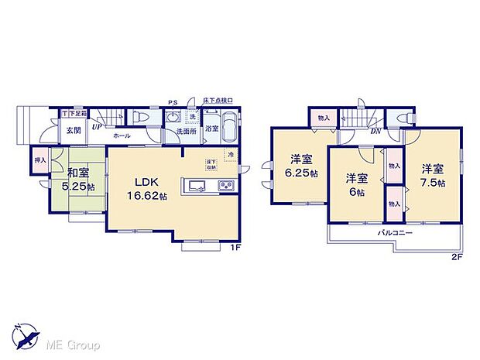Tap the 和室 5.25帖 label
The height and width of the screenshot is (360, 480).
pyautogui.click(x=79, y=180)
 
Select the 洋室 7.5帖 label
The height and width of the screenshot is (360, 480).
pyautogui.click(x=433, y=175)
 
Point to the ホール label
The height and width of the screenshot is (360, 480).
pyautogui.click(x=121, y=136)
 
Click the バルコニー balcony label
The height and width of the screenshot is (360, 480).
pyautogui.click(x=395, y=232)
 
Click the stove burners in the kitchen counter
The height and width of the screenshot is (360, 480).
pyautogui.click(x=225, y=185)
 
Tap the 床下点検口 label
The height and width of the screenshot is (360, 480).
pyautogui.click(x=218, y=101)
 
